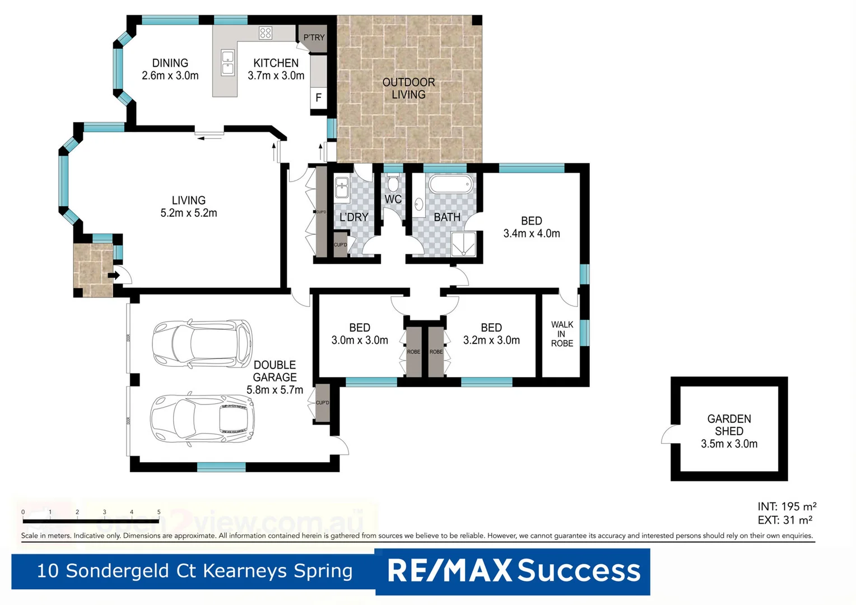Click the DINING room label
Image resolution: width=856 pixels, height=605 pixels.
pos(170,63)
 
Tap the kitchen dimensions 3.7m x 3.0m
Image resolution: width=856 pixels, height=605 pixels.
pos(276,76)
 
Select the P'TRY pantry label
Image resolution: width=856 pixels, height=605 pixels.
pos(314,38)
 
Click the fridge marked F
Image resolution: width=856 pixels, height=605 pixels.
pos(318,98)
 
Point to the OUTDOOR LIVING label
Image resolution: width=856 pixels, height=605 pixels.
pos(408,89)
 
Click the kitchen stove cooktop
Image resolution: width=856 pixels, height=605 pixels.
pos(266,33)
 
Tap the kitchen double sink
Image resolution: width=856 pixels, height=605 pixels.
pos(227,63)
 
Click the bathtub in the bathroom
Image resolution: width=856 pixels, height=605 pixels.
pos(451,184)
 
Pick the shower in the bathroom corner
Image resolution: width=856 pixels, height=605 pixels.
pos(463,244)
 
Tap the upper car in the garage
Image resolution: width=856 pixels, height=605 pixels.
pos(202,342)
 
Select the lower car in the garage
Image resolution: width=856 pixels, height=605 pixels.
pos(202,418)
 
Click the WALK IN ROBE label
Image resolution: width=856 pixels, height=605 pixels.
pos(562,334)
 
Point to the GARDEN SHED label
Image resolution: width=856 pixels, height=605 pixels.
pos(729,425)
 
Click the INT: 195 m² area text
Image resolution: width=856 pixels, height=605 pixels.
pos(787,506)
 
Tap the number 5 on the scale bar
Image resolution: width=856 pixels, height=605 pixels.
pos(159,512)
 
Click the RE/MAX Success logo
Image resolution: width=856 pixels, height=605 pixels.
pos(513,571)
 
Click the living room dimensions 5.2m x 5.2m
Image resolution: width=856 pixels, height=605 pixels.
pos(189,213)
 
